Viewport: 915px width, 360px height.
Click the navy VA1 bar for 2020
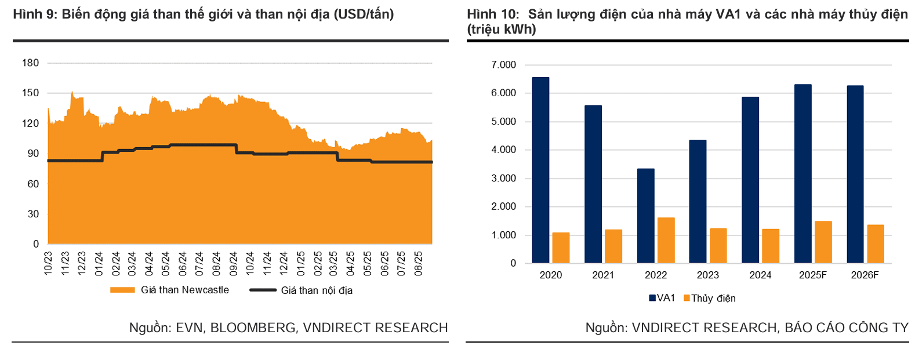point(540,170)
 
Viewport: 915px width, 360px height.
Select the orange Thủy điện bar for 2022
point(666,241)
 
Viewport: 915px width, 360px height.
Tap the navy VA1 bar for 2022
point(645,216)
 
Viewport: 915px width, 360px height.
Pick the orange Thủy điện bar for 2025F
point(823,242)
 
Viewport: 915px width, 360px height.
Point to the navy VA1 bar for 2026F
point(855,174)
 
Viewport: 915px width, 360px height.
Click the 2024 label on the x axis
point(760,275)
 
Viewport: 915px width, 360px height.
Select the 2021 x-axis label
point(603,275)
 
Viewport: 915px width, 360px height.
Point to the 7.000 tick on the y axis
point(503,65)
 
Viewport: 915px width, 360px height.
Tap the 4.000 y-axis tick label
point(503,150)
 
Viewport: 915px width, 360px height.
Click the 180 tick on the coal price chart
point(30,63)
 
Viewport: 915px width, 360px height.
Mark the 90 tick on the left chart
point(33,154)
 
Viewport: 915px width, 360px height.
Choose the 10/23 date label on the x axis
point(48,263)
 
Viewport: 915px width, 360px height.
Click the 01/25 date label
point(300,263)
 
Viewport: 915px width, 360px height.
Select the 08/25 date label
point(419,263)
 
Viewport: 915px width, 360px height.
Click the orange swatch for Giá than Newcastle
point(122,290)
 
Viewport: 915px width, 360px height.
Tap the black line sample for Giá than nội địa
point(262,290)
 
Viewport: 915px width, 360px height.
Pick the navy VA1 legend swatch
point(652,298)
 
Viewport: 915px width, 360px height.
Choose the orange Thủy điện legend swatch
point(687,298)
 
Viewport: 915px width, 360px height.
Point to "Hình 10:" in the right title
point(493,14)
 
